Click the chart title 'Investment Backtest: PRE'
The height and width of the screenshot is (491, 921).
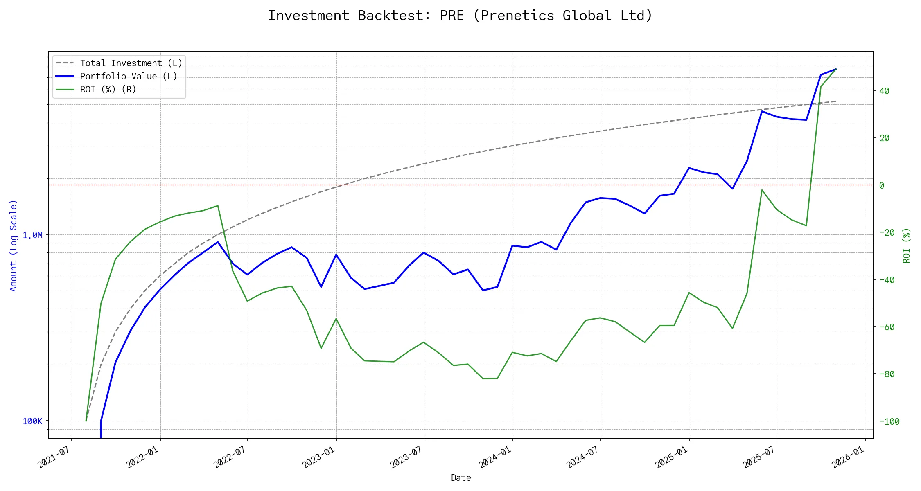pyautogui.click(x=460, y=16)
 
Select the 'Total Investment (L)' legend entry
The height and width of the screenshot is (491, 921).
pyautogui.click(x=131, y=63)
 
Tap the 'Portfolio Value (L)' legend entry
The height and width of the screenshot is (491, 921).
pyautogui.click(x=129, y=77)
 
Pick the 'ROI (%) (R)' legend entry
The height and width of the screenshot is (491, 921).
pyautogui.click(x=108, y=90)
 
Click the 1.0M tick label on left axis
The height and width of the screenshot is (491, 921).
pyautogui.click(x=32, y=235)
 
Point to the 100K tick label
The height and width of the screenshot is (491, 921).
pyautogui.click(x=32, y=421)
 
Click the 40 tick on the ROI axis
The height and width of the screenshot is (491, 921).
pyautogui.click(x=884, y=91)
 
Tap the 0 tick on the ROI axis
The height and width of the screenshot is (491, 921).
pyautogui.click(x=882, y=185)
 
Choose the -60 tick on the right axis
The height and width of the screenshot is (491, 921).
pyautogui.click(x=887, y=327)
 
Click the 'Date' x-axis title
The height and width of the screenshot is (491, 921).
pyautogui.click(x=460, y=477)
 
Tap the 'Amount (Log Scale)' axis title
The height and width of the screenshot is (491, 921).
pyautogui.click(x=14, y=245)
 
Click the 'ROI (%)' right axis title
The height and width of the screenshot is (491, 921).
pyautogui.click(x=907, y=245)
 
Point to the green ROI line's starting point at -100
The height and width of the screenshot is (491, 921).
pyautogui.click(x=86, y=421)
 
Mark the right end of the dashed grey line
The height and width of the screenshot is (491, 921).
pyautogui.click(x=836, y=101)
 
